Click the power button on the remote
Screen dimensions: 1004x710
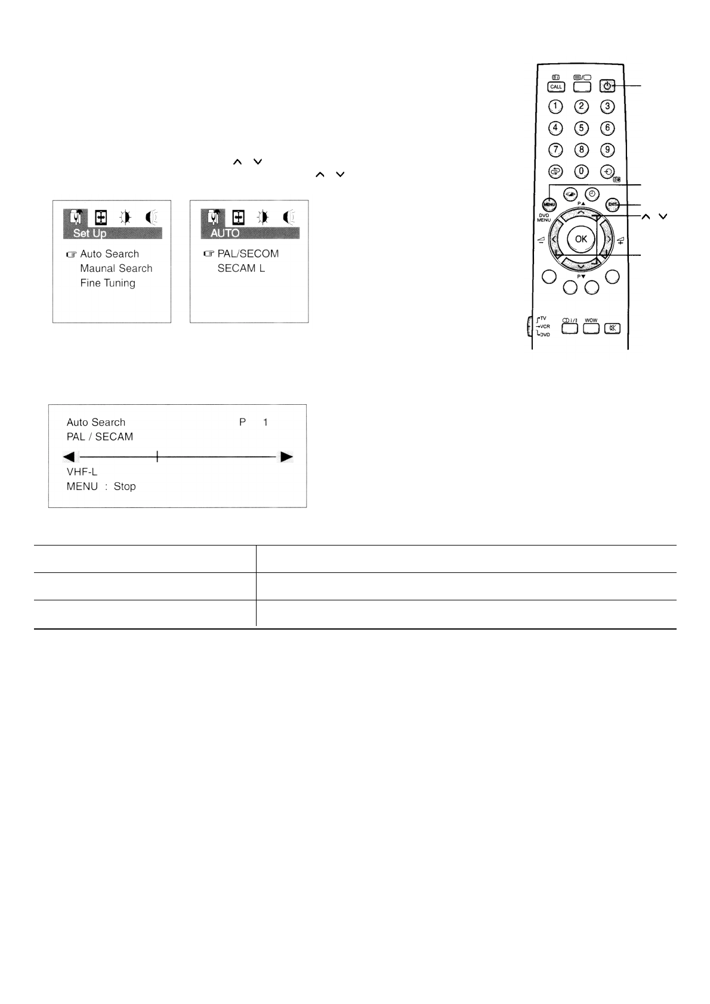tap(607, 86)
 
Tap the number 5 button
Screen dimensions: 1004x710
tap(581, 128)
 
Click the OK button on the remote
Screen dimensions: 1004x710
tap(581, 239)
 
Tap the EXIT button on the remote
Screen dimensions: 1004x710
tap(612, 204)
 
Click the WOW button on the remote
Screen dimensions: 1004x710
tap(591, 328)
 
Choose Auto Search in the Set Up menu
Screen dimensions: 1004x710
tap(109, 254)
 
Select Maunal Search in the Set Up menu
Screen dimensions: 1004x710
tap(116, 269)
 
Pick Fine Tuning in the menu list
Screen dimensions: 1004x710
tap(108, 283)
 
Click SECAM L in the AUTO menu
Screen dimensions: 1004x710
tap(241, 268)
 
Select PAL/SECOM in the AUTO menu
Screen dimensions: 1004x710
tap(248, 254)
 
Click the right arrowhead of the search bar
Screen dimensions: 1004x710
tap(287, 457)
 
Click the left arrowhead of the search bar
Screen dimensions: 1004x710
tap(69, 457)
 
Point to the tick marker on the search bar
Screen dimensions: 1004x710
tap(157, 457)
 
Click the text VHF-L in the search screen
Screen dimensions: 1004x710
tap(82, 472)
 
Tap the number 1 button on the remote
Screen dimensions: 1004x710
tap(555, 107)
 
